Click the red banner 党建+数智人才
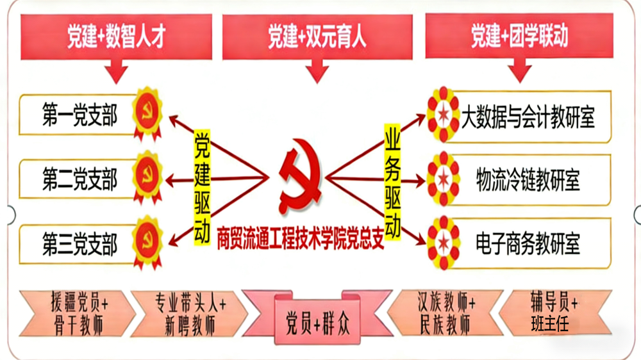[x=116, y=37]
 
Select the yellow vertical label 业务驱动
[x=392, y=182]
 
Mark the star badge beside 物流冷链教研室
[x=443, y=179]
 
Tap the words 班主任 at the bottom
[x=549, y=323]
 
